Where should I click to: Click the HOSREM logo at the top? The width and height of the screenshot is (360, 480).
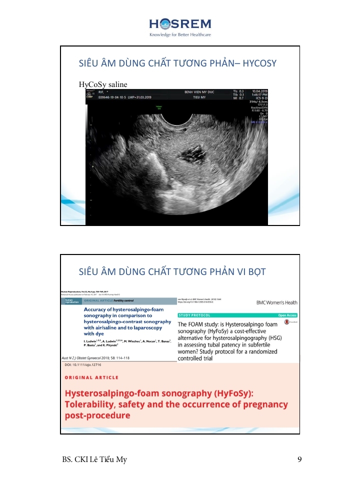[x=180, y=25]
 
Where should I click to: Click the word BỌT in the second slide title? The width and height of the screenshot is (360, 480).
[x=254, y=271]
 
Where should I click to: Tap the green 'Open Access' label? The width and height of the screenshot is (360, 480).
[x=287, y=315]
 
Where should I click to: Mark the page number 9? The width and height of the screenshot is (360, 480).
[x=299, y=459]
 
